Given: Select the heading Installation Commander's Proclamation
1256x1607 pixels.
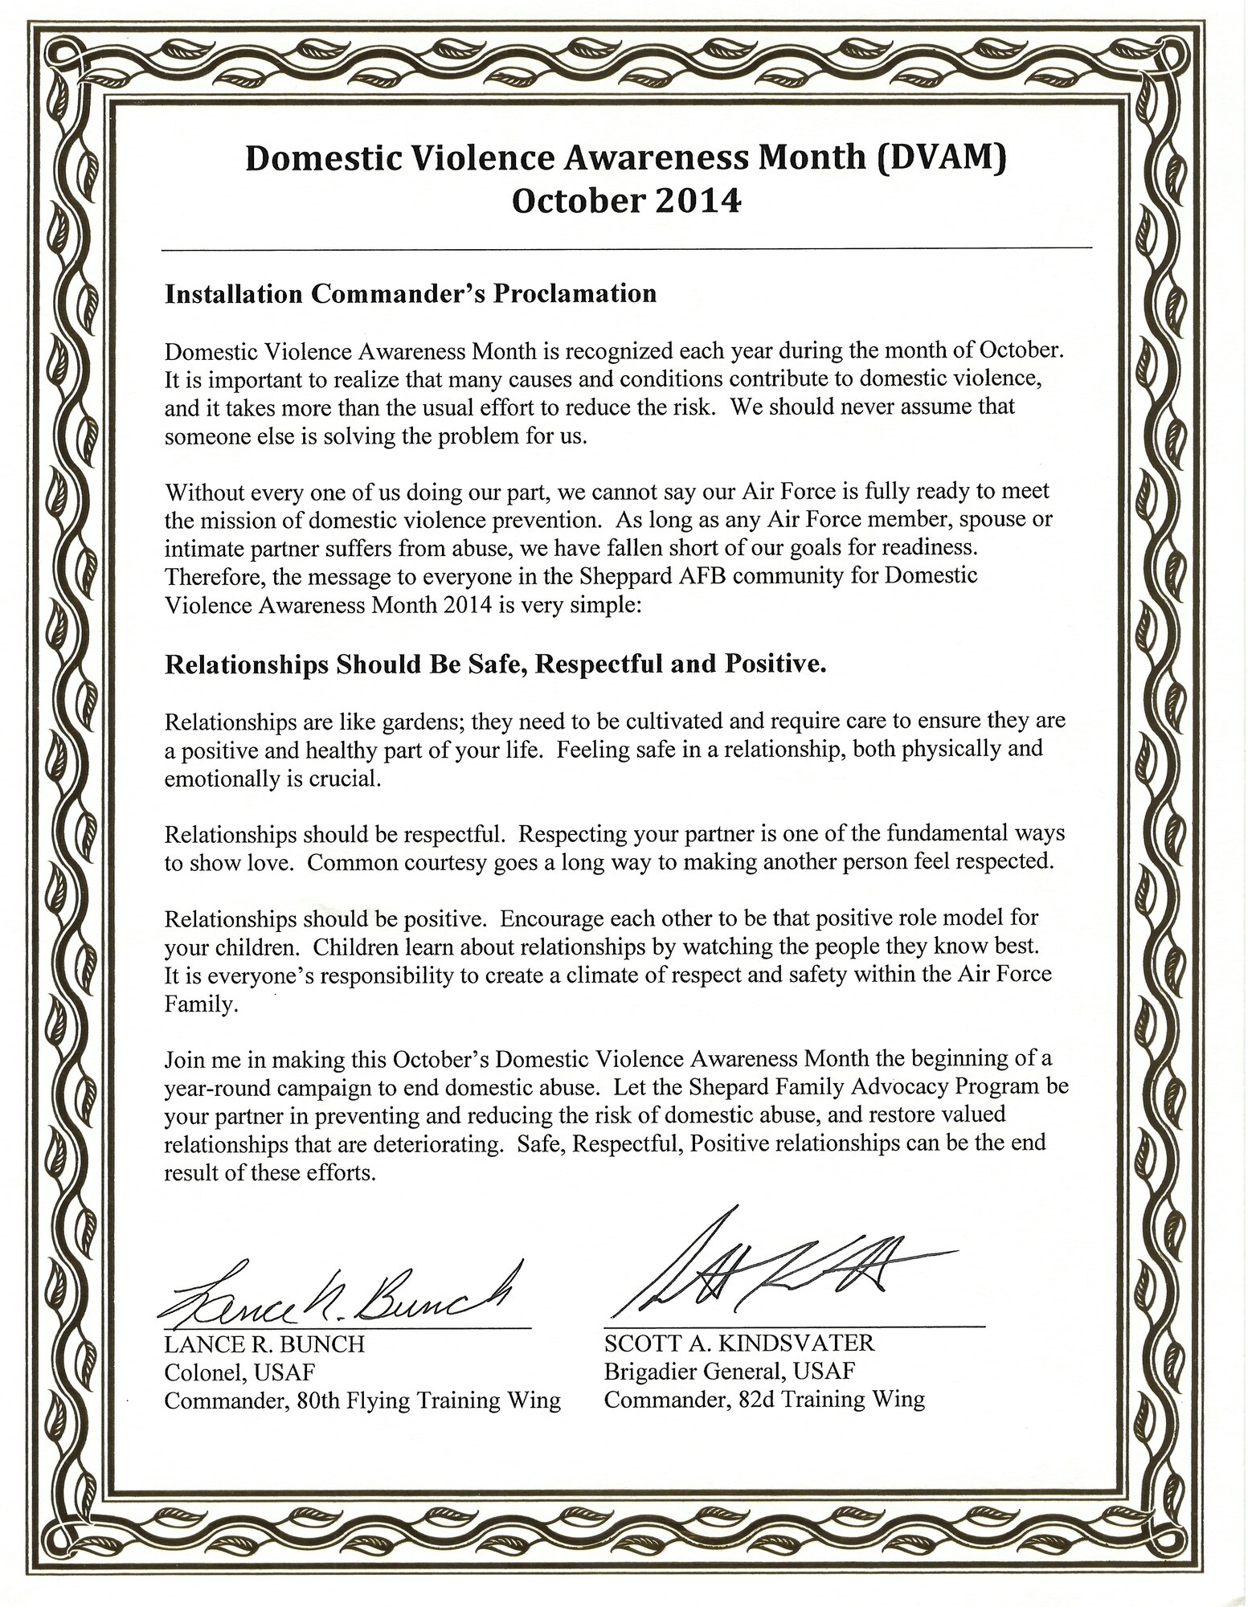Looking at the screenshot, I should point(411,294).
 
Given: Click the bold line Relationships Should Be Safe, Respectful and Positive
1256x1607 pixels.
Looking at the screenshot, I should point(496,665).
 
